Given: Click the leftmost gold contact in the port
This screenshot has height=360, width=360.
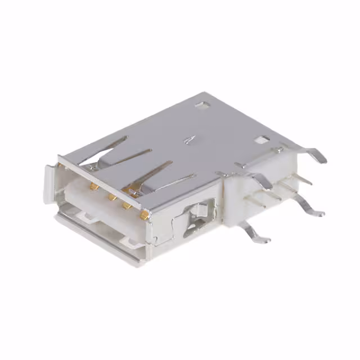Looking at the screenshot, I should [x=94, y=186].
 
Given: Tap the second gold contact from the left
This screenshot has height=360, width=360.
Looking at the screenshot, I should [x=112, y=197].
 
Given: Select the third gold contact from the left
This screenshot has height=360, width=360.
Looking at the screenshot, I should [x=128, y=206].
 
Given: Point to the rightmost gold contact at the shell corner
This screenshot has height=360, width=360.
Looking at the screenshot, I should [x=145, y=215].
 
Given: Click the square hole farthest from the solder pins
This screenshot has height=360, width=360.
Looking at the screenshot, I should [x=200, y=105].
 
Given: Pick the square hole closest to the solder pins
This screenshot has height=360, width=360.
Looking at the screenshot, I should [x=260, y=140].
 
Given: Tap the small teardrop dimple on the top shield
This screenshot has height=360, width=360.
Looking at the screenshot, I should [x=191, y=138].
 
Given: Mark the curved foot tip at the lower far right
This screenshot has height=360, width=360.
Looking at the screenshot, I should [x=318, y=213].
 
